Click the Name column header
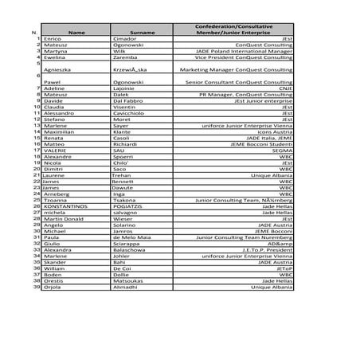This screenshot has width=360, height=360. pos(76,33)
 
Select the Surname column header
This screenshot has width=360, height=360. pos(142,33)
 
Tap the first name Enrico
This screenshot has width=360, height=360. pos(53,39)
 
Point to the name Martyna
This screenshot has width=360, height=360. pos(55,52)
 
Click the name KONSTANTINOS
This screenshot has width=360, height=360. pos(65,206)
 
